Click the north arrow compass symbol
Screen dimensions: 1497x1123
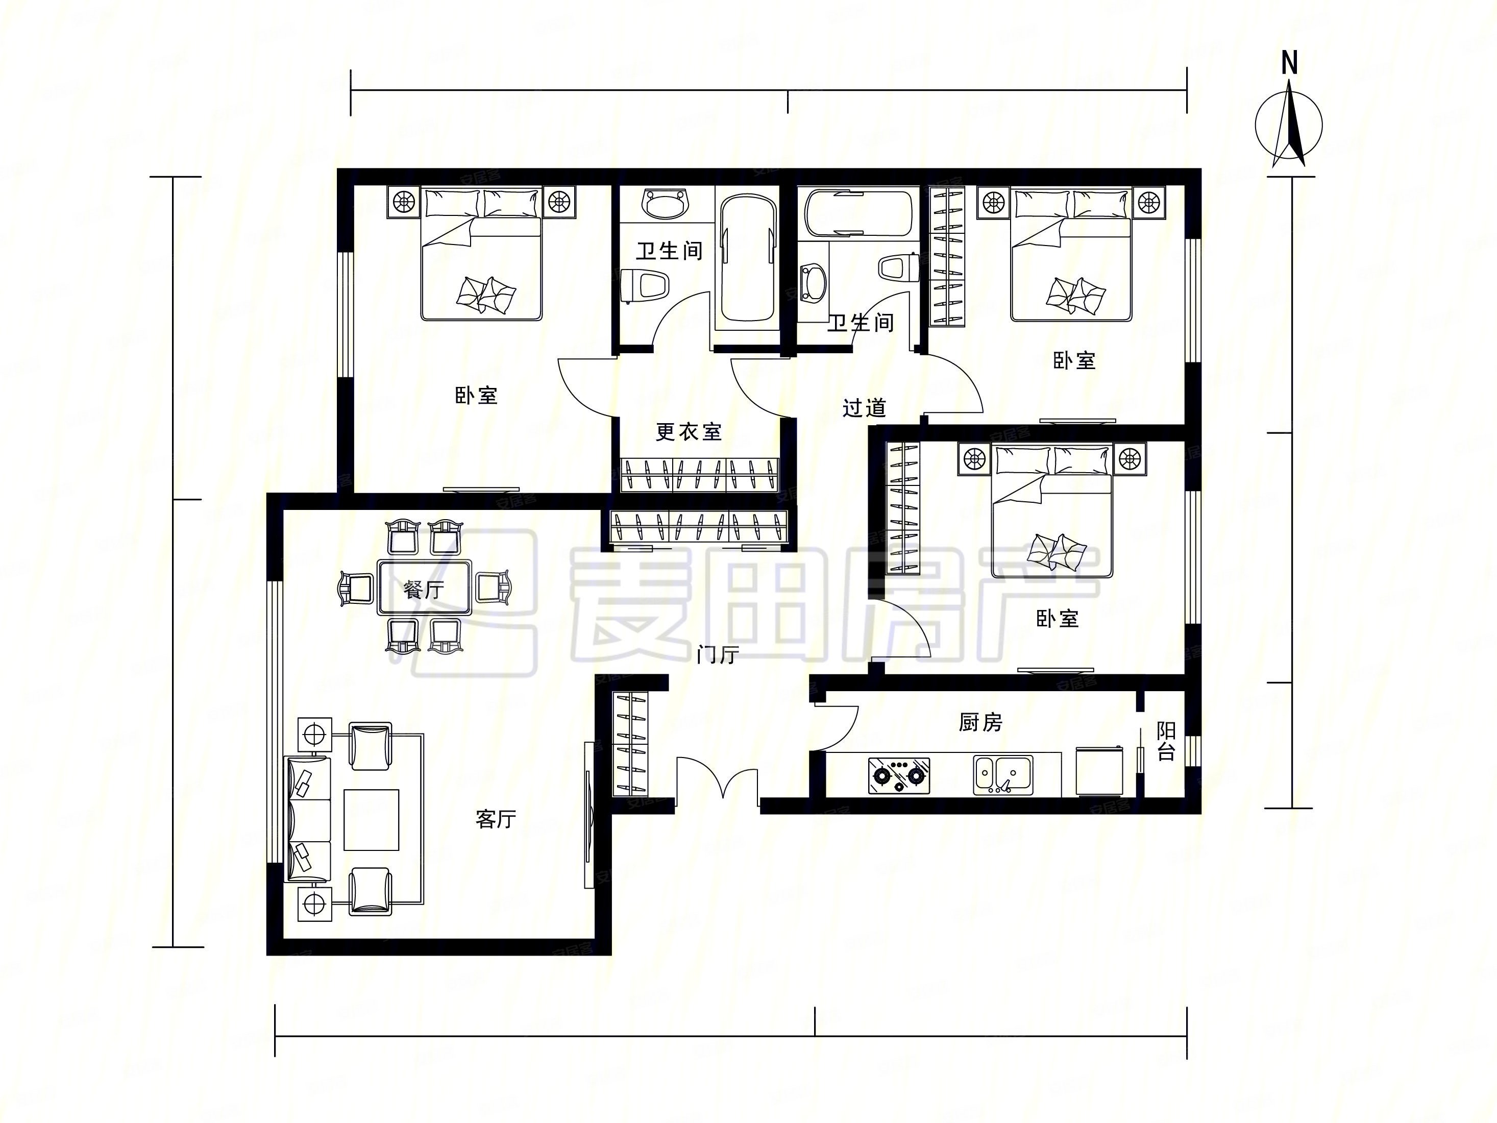click(1289, 125)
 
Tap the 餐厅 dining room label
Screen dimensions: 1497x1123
click(424, 590)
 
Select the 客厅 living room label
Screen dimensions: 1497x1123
click(496, 819)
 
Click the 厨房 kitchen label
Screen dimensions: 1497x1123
click(980, 723)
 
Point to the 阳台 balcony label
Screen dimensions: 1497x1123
click(1166, 741)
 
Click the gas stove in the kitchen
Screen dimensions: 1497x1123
click(899, 776)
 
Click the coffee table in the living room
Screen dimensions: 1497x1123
click(372, 819)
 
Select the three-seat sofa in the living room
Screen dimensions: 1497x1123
click(309, 819)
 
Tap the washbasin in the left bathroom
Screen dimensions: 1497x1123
click(665, 203)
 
